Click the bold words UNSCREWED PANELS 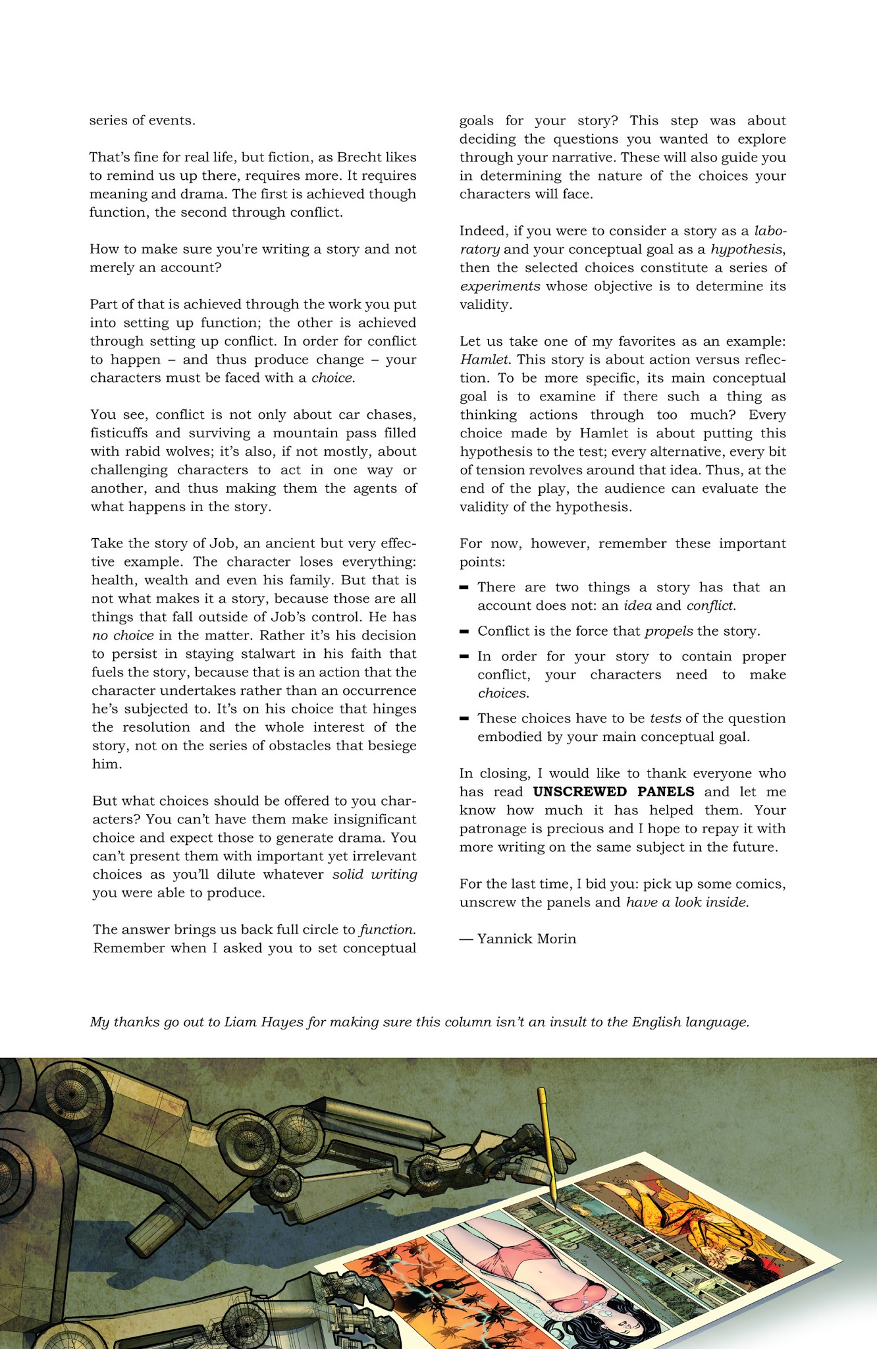(613, 792)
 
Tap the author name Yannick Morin (526, 939)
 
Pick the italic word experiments (500, 287)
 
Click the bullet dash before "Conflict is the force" (464, 631)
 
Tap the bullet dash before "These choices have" (464, 718)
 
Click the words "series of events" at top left (142, 121)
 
